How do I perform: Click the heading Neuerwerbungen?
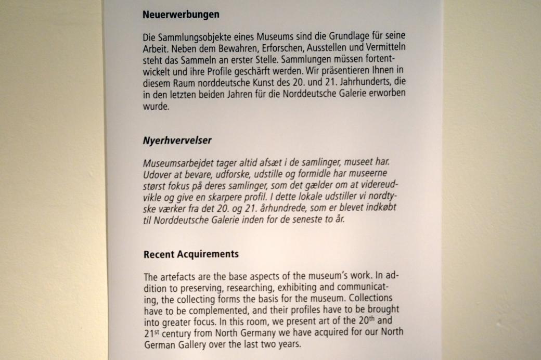(181, 15)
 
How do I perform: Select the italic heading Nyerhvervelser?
(177, 140)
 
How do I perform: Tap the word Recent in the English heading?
(159, 254)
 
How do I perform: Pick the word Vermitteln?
(383, 48)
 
